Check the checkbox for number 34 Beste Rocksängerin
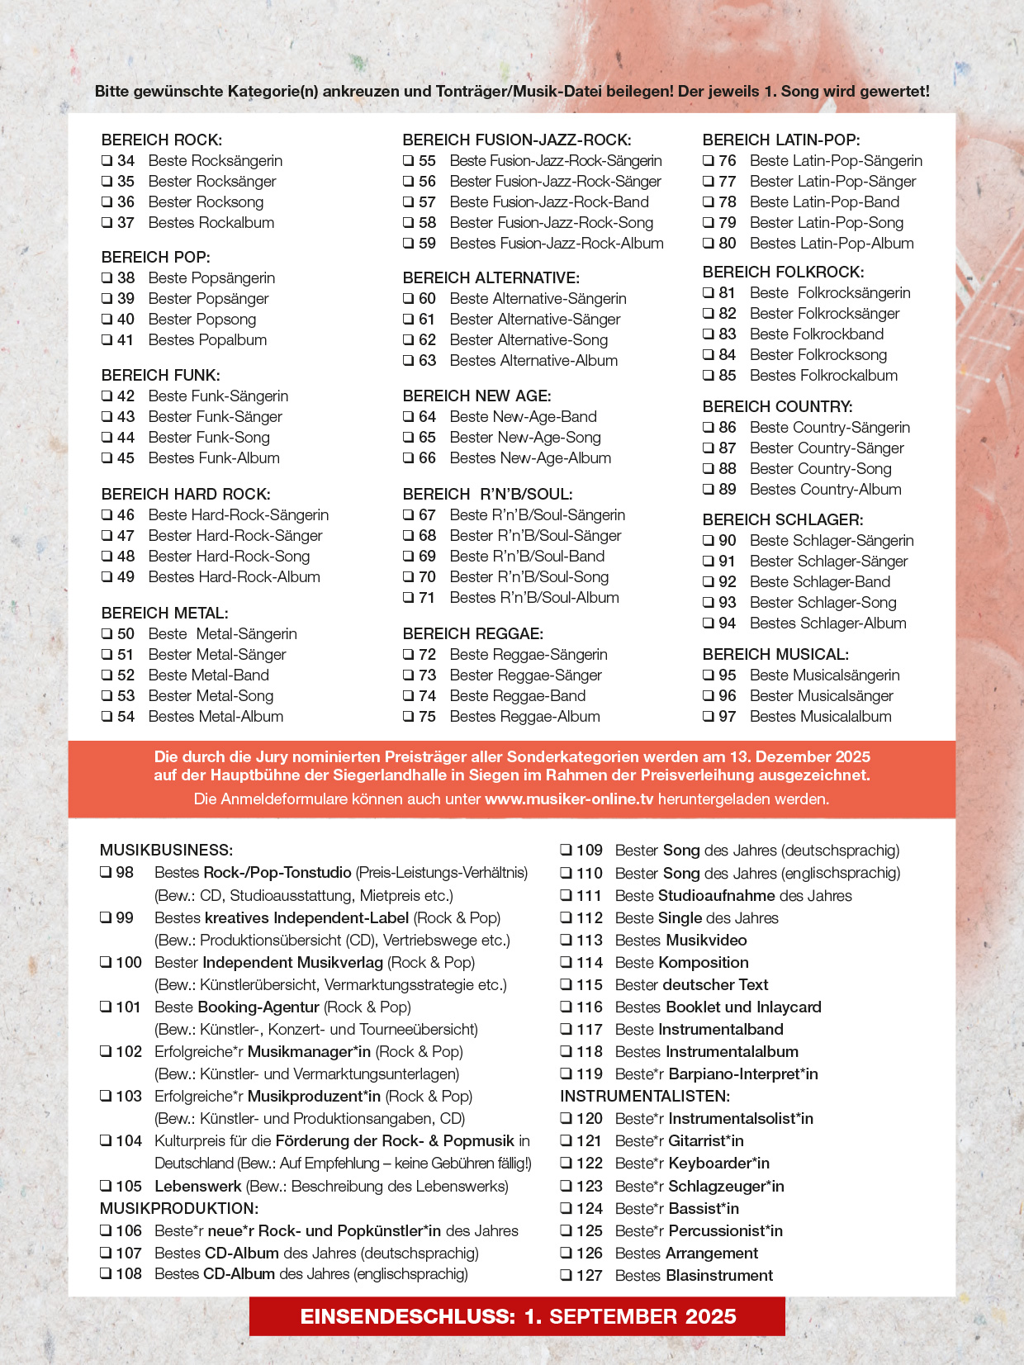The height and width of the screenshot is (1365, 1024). tap(107, 161)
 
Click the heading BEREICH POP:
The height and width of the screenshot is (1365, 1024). tap(155, 257)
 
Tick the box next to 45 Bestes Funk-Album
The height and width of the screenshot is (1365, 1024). tap(107, 458)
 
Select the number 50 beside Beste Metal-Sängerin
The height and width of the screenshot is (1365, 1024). tap(126, 634)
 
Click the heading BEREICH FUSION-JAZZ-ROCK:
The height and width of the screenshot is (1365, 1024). tap(516, 140)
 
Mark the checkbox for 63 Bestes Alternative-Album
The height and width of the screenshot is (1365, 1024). tap(408, 361)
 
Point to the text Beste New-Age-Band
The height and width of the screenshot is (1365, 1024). tap(523, 417)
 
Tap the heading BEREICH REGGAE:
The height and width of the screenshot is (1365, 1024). tap(472, 633)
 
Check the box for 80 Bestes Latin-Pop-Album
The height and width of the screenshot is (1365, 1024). tap(708, 244)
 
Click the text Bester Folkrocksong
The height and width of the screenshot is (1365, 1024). tap(818, 355)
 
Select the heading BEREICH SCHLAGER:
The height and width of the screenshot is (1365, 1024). tap(782, 519)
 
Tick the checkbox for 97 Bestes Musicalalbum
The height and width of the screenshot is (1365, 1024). tap(708, 717)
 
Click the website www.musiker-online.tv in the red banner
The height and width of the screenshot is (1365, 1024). tap(569, 799)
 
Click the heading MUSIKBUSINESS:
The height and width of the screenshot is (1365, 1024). tap(166, 850)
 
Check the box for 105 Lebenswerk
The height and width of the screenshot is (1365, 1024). tap(106, 1187)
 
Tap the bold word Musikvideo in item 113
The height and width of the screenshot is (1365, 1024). tap(705, 941)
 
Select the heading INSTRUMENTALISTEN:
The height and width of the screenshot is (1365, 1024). tap(644, 1096)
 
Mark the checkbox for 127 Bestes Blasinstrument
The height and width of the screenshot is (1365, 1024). tap(566, 1276)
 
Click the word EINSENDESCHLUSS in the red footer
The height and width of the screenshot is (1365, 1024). tap(407, 1316)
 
